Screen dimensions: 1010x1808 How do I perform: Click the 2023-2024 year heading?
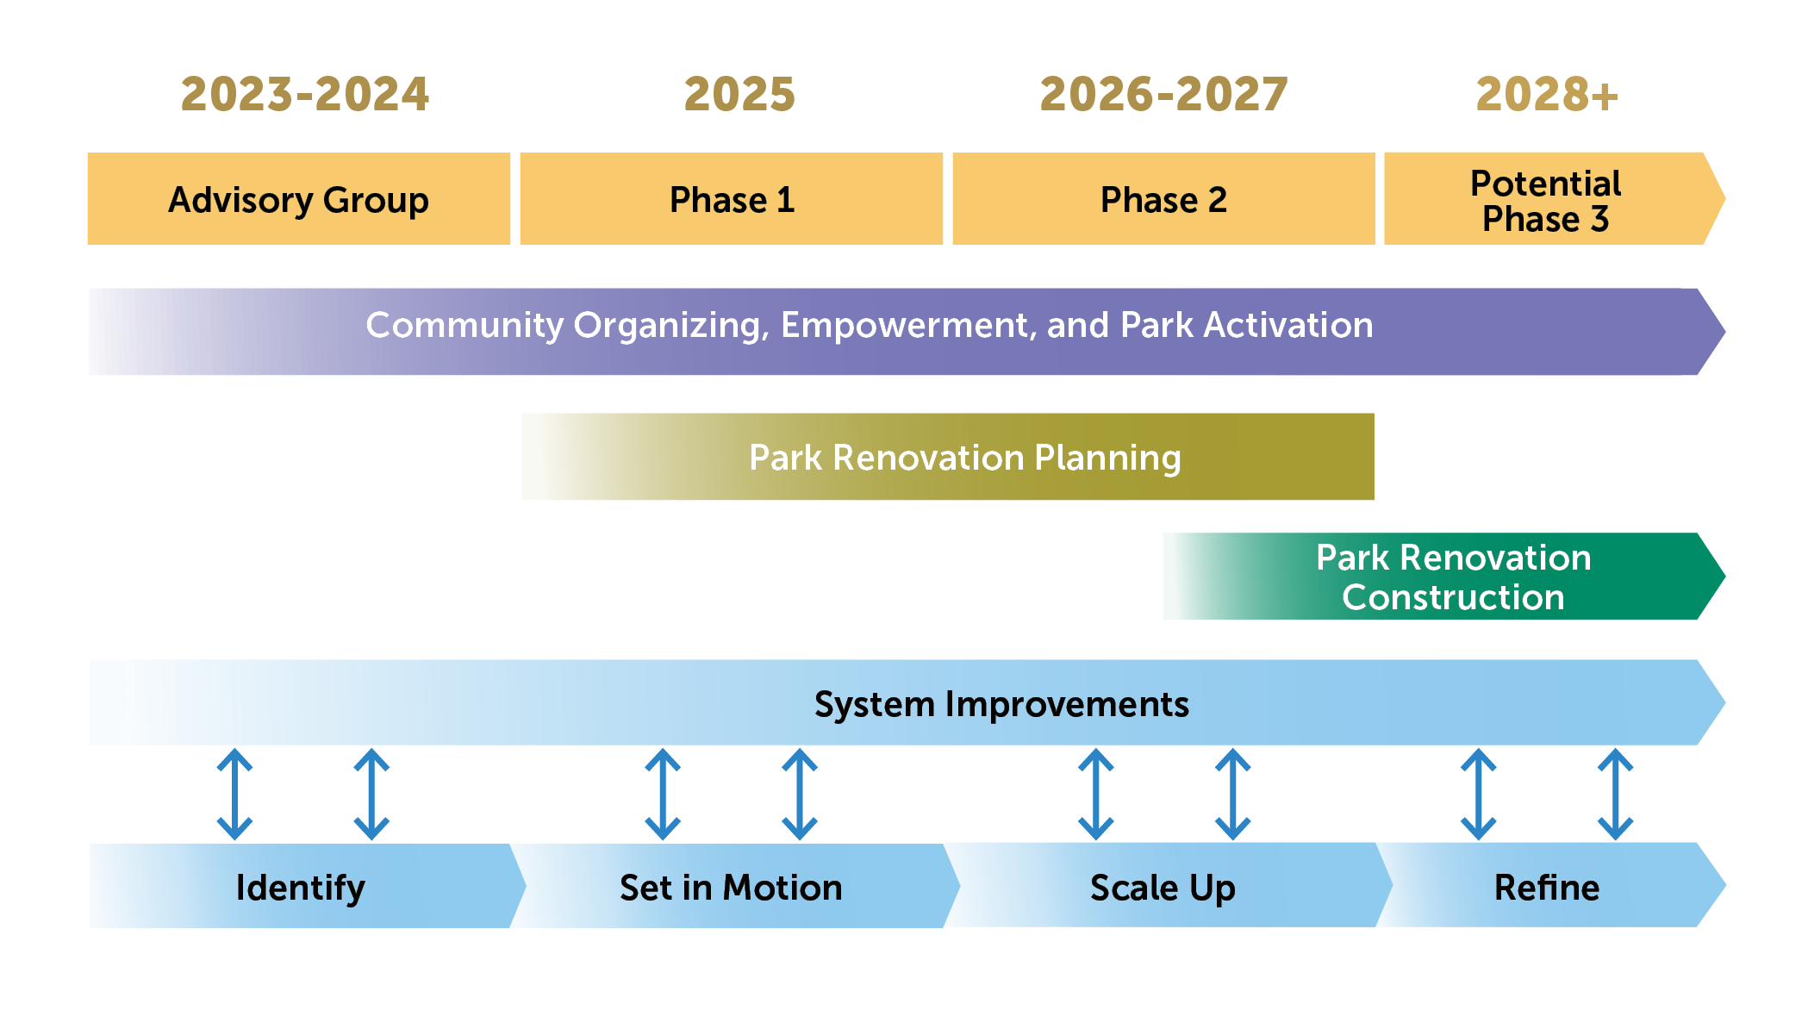click(x=304, y=94)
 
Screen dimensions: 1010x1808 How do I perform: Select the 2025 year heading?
click(x=739, y=94)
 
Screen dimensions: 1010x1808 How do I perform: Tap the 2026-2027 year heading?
click(x=1163, y=94)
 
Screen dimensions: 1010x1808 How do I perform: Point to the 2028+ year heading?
click(x=1547, y=94)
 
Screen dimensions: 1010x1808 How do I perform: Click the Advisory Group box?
click(x=298, y=200)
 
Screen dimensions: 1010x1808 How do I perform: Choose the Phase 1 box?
click(x=732, y=200)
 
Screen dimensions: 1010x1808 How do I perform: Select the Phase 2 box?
click(x=1163, y=200)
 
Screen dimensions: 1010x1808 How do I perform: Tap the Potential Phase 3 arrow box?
click(x=1546, y=200)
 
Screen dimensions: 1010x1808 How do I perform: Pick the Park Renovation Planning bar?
click(x=948, y=458)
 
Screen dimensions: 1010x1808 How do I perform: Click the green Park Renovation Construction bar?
click(x=1453, y=577)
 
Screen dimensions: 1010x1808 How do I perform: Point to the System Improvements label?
click(x=1001, y=704)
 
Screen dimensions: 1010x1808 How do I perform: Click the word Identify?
click(x=300, y=888)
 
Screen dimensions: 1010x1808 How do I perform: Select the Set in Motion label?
click(x=731, y=888)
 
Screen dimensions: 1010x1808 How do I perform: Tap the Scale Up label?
click(x=1163, y=888)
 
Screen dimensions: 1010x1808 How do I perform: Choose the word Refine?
click(x=1547, y=888)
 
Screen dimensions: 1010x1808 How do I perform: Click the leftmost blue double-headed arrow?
click(x=234, y=795)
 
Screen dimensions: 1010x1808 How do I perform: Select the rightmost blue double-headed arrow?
click(x=1615, y=795)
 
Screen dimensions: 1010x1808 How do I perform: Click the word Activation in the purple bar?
click(x=1287, y=326)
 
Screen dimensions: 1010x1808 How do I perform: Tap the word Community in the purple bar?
click(x=464, y=326)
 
